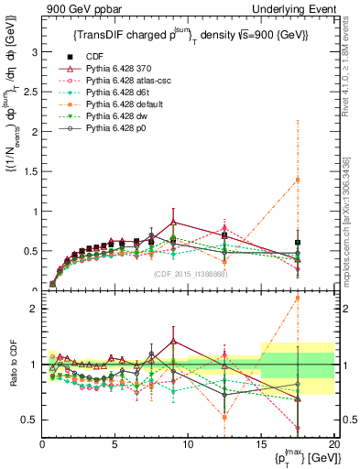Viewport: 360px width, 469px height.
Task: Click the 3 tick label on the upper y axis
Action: click(x=34, y=52)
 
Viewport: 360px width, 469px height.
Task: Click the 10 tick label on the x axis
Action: click(x=187, y=444)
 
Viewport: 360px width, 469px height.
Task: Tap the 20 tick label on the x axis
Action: click(x=333, y=444)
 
